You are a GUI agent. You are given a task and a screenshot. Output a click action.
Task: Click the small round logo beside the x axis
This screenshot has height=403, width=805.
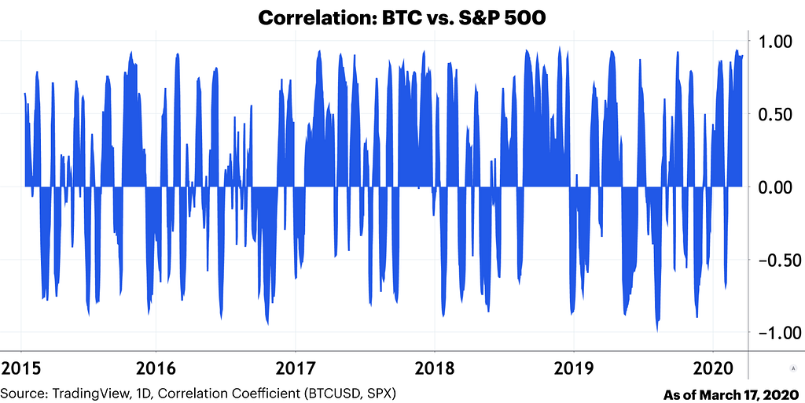(791, 368)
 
